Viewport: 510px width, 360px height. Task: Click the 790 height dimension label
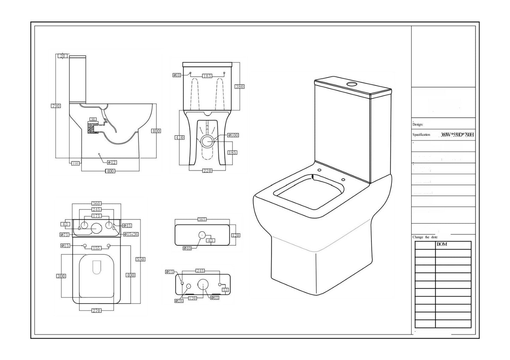coord(56,106)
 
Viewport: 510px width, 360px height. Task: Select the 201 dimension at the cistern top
coord(63,56)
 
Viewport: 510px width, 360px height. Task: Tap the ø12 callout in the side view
coord(112,163)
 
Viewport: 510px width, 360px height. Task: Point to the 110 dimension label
coord(75,163)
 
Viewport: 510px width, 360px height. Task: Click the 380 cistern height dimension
coord(239,86)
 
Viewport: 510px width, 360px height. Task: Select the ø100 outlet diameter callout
coord(233,135)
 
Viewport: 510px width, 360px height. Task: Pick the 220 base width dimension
coord(207,171)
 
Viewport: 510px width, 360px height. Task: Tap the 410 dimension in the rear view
coord(180,138)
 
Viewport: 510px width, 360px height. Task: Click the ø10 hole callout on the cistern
coord(177,75)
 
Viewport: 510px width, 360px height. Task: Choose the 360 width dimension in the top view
coord(96,203)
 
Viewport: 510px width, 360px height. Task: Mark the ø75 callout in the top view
coord(65,234)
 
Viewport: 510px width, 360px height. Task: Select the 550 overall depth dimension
coord(140,259)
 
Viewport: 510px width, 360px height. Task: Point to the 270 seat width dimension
coord(96,311)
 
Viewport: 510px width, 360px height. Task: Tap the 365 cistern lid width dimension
coord(202,219)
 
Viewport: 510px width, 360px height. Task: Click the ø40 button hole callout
coord(187,248)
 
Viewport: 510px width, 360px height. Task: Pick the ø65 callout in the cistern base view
coord(215,298)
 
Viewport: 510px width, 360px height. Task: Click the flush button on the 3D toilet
coord(352,84)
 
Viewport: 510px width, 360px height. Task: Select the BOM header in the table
coord(442,244)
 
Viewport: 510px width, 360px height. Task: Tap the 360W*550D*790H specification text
coord(457,135)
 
